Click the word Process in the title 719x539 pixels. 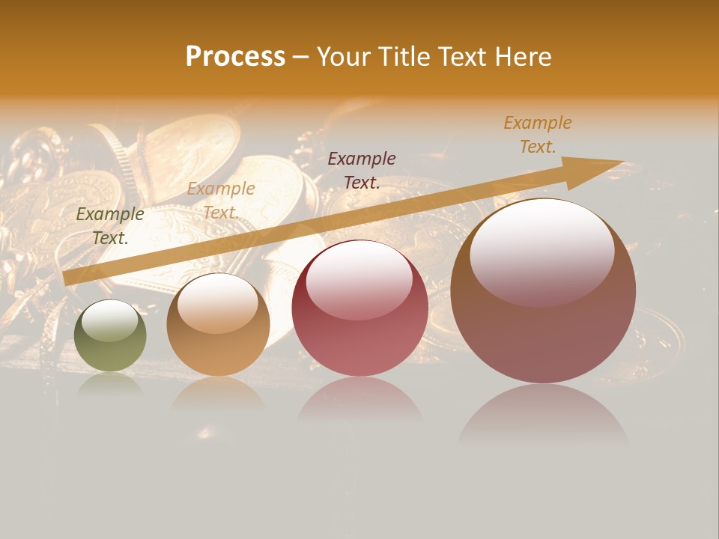[235, 57]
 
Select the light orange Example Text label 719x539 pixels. [221, 201]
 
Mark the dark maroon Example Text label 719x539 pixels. [362, 170]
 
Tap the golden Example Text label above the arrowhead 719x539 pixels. [538, 135]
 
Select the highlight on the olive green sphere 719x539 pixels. [109, 321]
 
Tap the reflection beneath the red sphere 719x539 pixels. [359, 397]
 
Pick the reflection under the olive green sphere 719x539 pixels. [110, 383]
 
